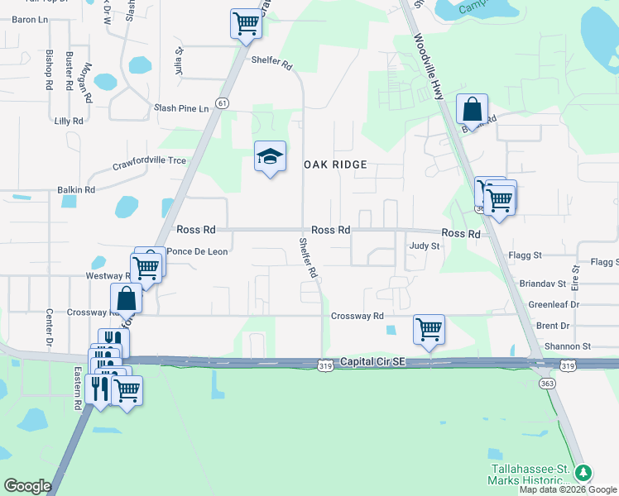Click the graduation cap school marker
[270, 157]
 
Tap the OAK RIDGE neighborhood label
[343, 165]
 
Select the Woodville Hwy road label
[429, 68]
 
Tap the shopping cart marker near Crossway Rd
[429, 329]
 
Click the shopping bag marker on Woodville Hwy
[471, 109]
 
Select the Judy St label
[423, 246]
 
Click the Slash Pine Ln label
[182, 108]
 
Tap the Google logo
[27, 486]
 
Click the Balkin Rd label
[76, 190]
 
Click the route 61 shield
[222, 103]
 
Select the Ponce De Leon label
[197, 251]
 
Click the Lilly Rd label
[69, 121]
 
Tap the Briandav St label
[542, 284]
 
